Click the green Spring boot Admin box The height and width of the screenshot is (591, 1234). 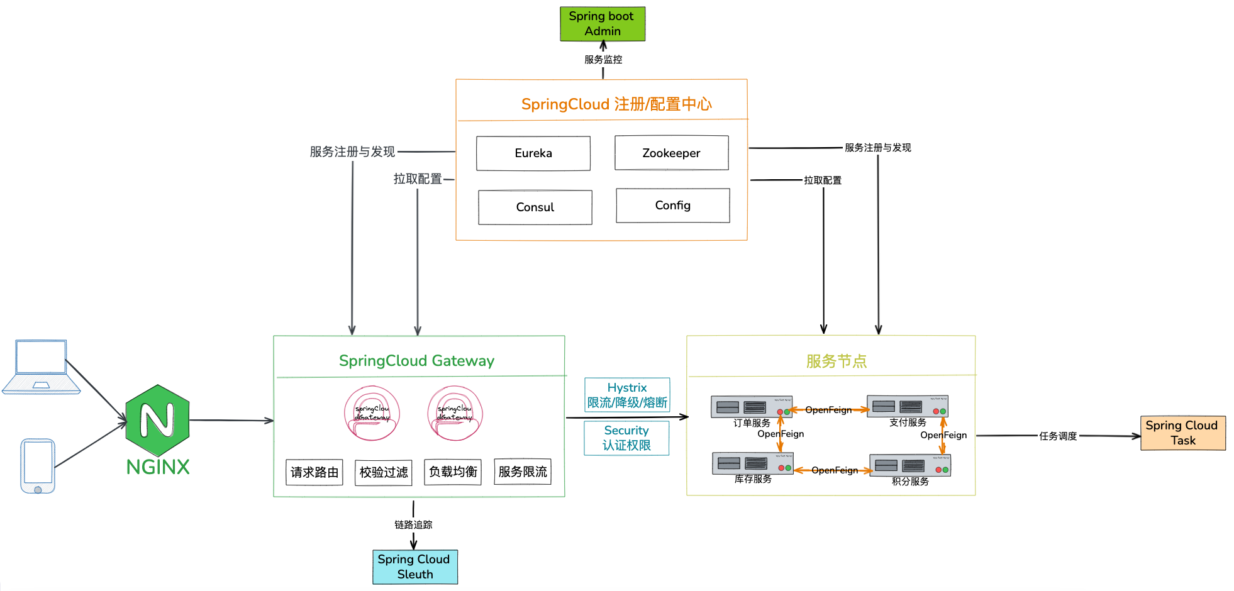603,24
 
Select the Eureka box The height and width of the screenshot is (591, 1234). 533,153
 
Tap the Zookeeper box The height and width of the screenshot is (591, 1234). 671,153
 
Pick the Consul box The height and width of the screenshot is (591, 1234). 535,207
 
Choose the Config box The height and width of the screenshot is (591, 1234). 672,206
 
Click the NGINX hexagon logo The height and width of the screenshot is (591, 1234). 157,420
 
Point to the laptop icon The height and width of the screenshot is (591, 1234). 42,367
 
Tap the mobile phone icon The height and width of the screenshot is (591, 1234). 38,466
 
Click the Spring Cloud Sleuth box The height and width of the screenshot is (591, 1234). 415,567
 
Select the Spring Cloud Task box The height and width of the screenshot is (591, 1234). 1182,433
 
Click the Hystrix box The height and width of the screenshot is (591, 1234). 627,395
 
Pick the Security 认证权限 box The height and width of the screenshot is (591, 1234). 626,438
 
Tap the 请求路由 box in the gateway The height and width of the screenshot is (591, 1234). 314,472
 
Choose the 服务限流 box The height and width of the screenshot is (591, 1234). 523,472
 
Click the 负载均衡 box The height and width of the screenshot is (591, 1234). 453,472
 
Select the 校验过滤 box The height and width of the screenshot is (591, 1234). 384,472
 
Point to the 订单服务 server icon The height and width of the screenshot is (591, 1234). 751,407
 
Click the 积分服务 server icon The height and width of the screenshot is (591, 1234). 909,466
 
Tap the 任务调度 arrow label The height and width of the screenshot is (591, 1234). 1058,436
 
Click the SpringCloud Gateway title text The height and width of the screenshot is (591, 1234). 416,361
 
